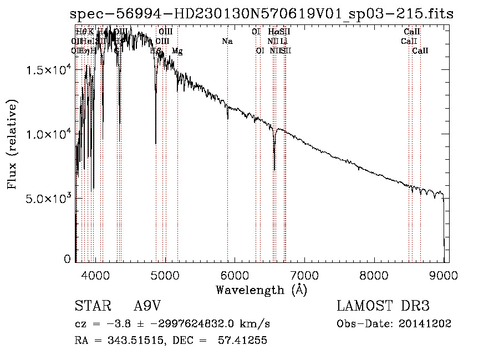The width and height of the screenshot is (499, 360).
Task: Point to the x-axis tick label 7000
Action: pos(304,275)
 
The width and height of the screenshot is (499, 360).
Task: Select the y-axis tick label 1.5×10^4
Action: pos(48,70)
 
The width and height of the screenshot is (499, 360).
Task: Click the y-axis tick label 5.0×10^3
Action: pos(48,199)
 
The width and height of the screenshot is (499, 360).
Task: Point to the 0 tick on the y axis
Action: pos(68,258)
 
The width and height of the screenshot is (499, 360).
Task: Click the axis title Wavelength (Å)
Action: pos(261,290)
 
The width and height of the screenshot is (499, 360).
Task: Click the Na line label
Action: pos(227,41)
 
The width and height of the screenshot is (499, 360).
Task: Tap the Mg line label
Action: pos(177,51)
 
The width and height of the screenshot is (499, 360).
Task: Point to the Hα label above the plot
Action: pos(273,32)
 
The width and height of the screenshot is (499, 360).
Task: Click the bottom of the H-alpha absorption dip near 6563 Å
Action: pos(274,169)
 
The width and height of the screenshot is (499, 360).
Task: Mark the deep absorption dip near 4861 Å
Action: pos(156,143)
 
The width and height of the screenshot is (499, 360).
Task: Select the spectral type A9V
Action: pos(146,306)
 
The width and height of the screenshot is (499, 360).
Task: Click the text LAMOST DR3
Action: pos(383,306)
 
